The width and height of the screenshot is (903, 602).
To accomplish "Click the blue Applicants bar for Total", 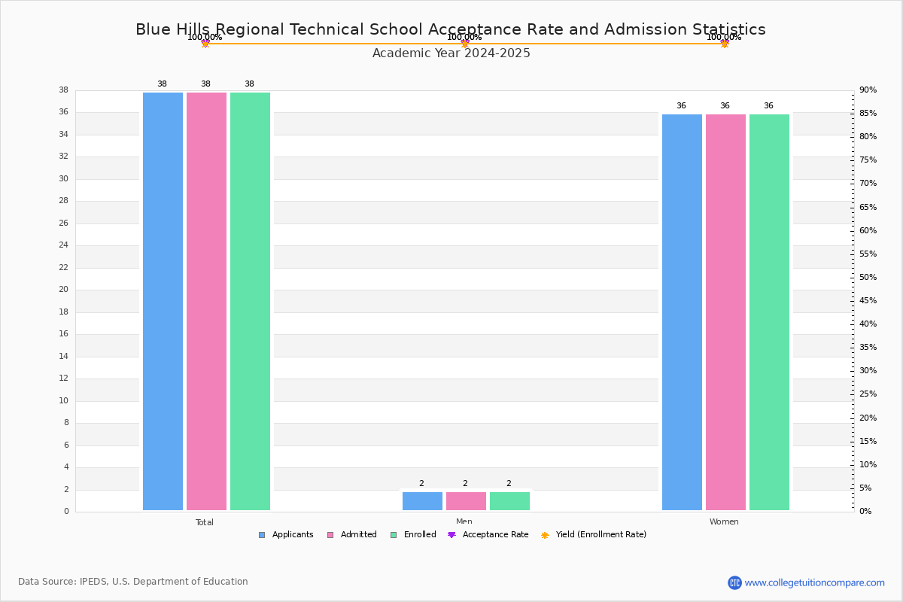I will (x=163, y=301).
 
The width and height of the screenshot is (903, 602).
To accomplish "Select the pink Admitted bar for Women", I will (x=725, y=312).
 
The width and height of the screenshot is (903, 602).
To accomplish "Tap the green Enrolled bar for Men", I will (x=509, y=501).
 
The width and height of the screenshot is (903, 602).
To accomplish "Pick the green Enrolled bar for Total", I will (x=250, y=301).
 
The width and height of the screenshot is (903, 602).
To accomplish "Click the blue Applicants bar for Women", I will (x=682, y=312).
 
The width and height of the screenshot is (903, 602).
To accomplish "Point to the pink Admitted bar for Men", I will (x=466, y=501).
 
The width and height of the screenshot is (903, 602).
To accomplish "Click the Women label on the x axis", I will (x=724, y=522).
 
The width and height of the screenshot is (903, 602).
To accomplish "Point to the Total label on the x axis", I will (x=205, y=522).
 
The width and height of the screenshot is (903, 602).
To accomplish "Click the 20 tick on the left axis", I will (x=63, y=290).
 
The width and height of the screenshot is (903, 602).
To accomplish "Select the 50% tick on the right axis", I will (x=868, y=278).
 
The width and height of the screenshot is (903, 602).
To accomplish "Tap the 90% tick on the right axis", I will (x=868, y=90).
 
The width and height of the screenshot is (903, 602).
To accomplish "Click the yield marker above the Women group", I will (x=724, y=44).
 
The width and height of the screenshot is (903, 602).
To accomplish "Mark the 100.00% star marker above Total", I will (x=205, y=44).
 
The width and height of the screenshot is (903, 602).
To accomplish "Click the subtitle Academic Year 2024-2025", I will (x=451, y=53).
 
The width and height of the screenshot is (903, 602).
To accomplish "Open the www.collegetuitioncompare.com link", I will (x=814, y=582).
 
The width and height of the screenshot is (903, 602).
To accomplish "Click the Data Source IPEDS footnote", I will (x=133, y=582).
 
